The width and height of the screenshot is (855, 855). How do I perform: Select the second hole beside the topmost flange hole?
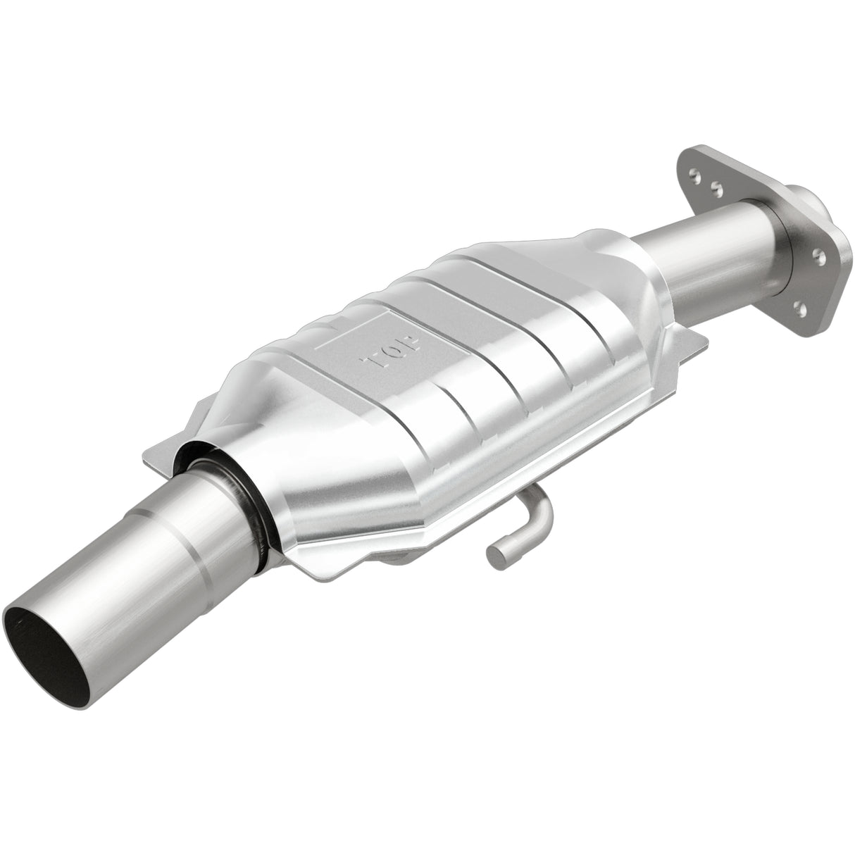717,188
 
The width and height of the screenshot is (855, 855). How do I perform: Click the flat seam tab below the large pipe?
331,585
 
